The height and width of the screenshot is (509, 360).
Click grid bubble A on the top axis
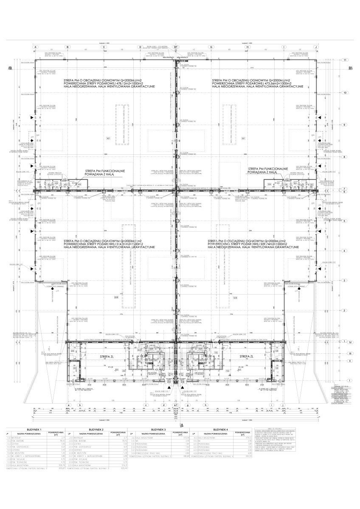[36, 47]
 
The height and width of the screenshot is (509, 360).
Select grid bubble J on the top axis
[315, 47]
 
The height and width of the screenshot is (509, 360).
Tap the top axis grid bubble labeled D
[140, 47]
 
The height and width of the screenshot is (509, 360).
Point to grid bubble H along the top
[247, 47]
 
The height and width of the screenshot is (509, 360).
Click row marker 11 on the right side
[346, 60]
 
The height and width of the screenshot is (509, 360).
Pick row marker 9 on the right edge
[346, 124]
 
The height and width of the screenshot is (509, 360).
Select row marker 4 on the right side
[346, 251]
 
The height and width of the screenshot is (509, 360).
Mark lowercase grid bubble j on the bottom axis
[283, 405]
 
